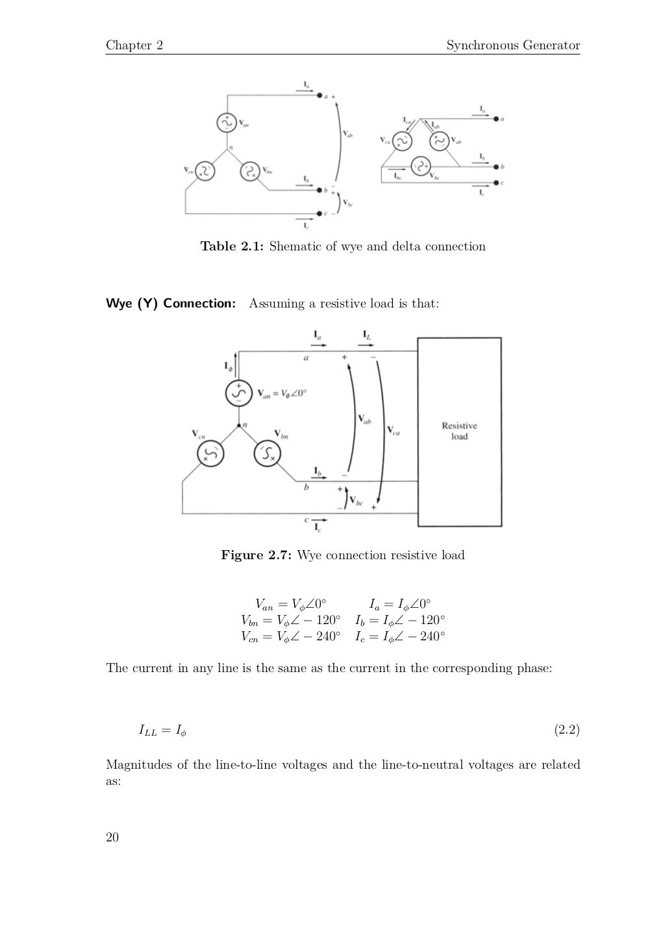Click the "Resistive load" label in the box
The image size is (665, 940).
click(x=459, y=431)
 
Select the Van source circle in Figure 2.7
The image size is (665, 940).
click(x=238, y=392)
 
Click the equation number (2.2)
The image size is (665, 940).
click(x=566, y=730)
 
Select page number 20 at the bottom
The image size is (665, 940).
click(x=112, y=838)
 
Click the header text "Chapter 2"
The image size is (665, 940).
click(x=134, y=45)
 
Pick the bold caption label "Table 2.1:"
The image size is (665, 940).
click(x=232, y=247)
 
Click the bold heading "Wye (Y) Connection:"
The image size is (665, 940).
click(x=171, y=304)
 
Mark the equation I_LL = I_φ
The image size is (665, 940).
click(x=162, y=731)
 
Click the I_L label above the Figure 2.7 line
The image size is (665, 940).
click(x=367, y=336)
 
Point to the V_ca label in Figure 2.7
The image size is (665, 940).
click(x=394, y=430)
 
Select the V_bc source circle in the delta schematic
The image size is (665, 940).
click(x=421, y=166)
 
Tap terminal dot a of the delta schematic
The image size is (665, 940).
click(x=496, y=119)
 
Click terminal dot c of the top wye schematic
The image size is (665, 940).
click(x=320, y=213)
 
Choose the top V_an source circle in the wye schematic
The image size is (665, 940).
click(x=227, y=122)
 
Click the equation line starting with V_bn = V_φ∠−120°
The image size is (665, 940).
click(x=290, y=620)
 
